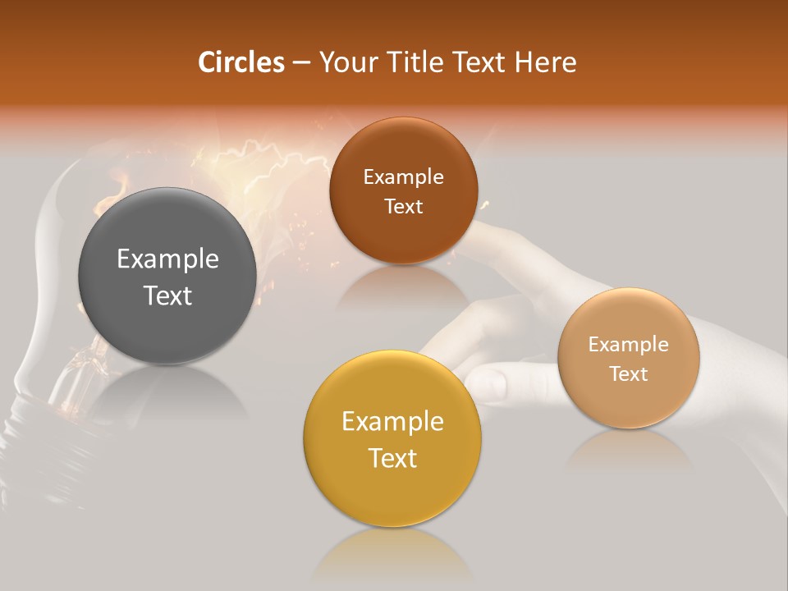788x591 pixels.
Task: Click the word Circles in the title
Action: click(x=241, y=62)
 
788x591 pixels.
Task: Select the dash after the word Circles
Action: click(x=301, y=63)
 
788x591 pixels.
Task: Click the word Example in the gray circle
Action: click(x=167, y=259)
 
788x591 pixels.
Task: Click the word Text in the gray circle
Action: click(x=167, y=295)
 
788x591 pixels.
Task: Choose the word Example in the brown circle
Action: click(x=403, y=177)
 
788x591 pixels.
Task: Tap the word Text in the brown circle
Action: click(x=403, y=207)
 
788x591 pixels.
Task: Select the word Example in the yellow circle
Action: click(x=392, y=422)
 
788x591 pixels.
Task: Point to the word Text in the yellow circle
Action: click(x=392, y=458)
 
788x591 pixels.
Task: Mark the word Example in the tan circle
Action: click(x=628, y=345)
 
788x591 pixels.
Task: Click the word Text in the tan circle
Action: click(x=628, y=374)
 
